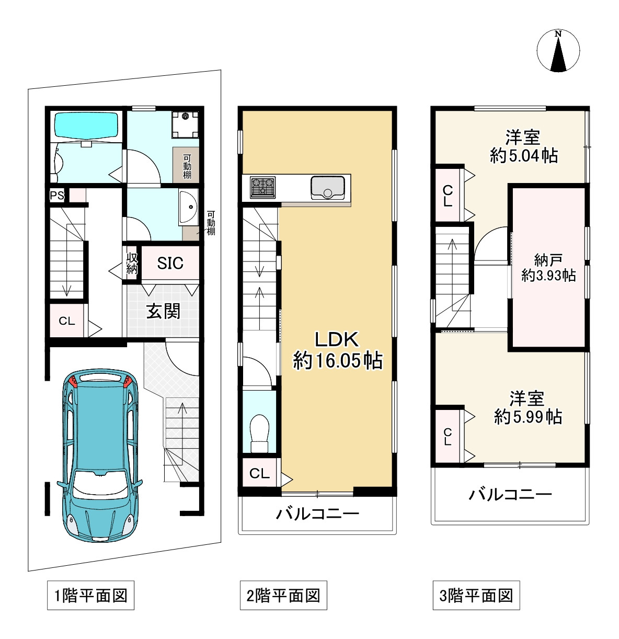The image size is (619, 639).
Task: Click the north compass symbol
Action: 558,51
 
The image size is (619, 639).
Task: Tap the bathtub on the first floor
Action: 86,125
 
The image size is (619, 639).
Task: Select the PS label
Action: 57,196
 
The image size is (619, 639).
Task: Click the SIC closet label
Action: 170,263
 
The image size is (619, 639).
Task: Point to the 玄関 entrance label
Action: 163,311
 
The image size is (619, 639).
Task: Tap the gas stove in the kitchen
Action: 262,188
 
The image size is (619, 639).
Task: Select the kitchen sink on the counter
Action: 327,188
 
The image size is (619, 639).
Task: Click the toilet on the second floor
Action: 259,433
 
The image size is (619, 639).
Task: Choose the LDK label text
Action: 337,340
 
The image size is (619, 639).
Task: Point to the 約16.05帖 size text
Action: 338,360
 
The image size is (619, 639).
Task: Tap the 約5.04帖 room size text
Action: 524,155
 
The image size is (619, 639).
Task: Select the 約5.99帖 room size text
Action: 528,417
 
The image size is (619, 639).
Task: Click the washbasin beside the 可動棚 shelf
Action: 189,207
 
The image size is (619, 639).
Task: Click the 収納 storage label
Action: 132,264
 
